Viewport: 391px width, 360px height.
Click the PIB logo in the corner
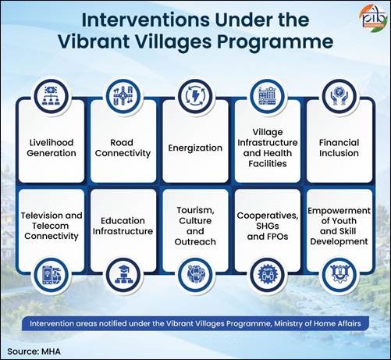tap(373, 19)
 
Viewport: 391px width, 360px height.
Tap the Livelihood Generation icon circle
tap(52, 96)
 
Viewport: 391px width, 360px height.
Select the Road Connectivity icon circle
tap(123, 96)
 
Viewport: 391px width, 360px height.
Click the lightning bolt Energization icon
tap(195, 96)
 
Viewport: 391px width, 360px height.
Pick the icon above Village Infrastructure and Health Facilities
tap(267, 96)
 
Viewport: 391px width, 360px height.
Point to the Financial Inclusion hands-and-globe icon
tap(339, 96)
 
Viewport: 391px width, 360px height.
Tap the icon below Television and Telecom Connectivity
tap(52, 275)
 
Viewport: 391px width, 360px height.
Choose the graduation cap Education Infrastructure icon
tap(123, 275)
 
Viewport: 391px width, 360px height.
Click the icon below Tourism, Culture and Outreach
tap(195, 275)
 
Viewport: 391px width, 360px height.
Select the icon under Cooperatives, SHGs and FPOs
tap(267, 275)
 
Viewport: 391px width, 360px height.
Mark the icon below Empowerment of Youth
tap(339, 275)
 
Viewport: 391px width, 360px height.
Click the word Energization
tap(195, 148)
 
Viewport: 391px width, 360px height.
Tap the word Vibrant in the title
tap(94, 41)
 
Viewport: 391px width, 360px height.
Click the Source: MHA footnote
tap(34, 351)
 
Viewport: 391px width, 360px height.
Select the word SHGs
tap(268, 226)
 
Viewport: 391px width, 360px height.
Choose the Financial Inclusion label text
tap(339, 148)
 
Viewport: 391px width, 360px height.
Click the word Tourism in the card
tap(195, 210)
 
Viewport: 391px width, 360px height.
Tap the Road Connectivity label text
tap(123, 148)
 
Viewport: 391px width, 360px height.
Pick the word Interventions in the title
tap(146, 20)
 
